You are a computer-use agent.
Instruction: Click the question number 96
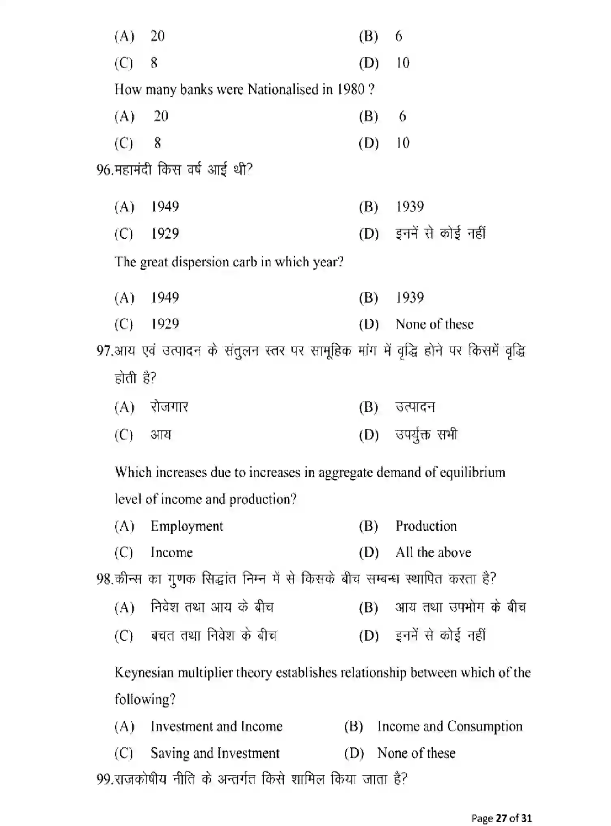click(103, 170)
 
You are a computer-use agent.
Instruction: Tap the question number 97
click(103, 351)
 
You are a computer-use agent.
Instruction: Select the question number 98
click(103, 579)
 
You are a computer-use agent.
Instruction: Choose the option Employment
click(187, 526)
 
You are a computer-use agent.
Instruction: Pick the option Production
click(426, 526)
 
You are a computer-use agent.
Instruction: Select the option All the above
click(433, 552)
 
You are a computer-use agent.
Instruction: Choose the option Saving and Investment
click(215, 753)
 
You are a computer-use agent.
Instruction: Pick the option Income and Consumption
click(449, 727)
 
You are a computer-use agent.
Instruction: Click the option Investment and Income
click(216, 727)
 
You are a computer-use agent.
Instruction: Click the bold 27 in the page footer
click(501, 817)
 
